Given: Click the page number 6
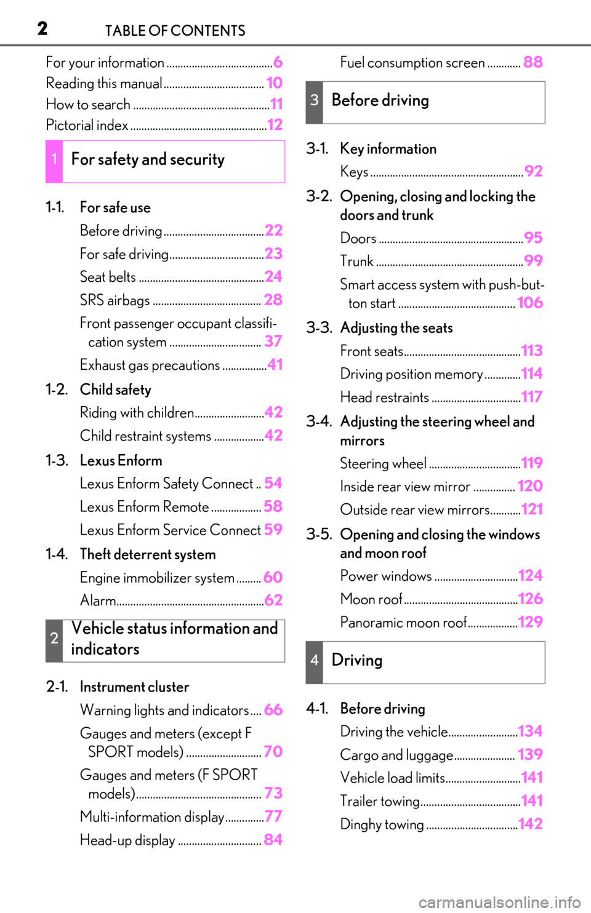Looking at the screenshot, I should click(x=278, y=62).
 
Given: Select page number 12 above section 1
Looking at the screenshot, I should click(x=275, y=125).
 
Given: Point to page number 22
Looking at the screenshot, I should click(x=273, y=231).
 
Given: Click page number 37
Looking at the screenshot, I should click(x=273, y=341).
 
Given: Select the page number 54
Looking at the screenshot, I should click(x=273, y=483).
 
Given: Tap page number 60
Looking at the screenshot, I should click(x=273, y=577).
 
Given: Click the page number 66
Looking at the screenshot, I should click(x=273, y=709).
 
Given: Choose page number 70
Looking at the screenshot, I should click(x=273, y=752).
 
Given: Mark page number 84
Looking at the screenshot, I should click(x=273, y=840).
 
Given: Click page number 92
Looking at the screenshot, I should click(x=534, y=172).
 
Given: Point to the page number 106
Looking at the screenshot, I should click(x=530, y=303).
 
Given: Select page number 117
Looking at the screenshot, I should click(x=532, y=397).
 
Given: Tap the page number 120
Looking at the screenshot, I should click(x=530, y=486).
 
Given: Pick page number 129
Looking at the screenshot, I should click(x=530, y=622).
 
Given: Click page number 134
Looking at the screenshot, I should click(x=530, y=732).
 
